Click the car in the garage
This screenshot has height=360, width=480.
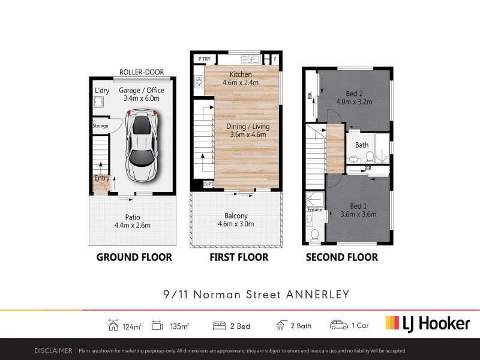coord(141,145)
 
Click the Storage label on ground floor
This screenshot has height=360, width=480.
coord(100,126)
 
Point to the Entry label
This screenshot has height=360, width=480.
coord(101,178)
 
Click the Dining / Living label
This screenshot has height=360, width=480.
coord(248,127)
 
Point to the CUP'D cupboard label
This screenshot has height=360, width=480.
coord(209,184)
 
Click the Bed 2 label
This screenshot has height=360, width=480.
coord(355,93)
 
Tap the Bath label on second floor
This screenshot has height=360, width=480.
coord(362,145)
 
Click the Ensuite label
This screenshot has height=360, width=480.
coord(315,210)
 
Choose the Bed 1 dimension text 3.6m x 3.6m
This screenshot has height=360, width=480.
coord(358,214)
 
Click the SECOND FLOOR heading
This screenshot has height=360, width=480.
coord(342,257)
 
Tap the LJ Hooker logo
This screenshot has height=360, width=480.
coord(427,324)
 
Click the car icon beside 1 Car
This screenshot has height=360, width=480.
coord(339,325)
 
